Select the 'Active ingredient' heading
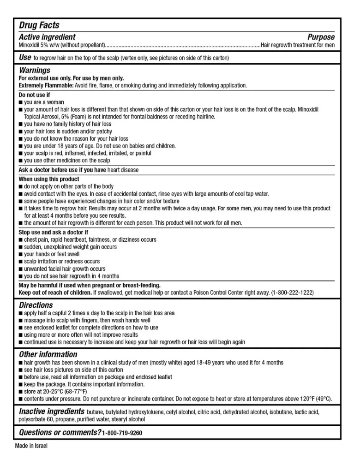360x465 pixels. tap(47, 37)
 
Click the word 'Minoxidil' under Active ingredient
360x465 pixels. tap(30, 45)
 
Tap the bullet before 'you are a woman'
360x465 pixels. tap(21, 102)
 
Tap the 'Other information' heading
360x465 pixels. tap(48, 354)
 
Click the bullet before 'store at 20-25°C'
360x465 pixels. tap(21, 391)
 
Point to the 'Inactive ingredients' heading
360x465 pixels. tap(51, 411)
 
